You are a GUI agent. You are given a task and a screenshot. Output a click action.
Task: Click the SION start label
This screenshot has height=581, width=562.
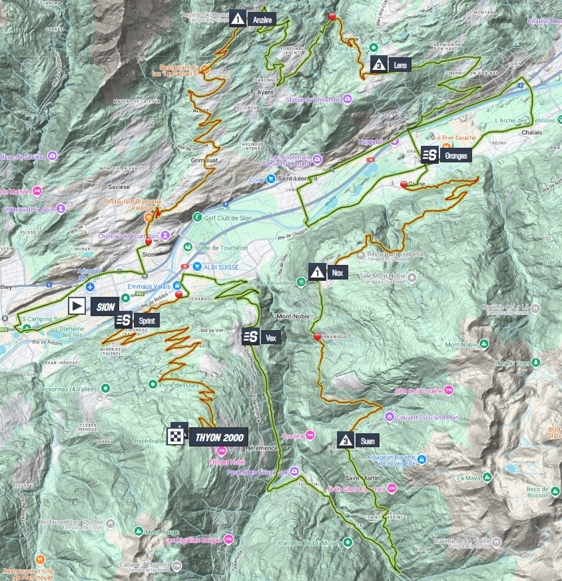(x=105, y=306)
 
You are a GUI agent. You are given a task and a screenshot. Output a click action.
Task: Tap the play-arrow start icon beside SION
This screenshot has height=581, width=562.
(x=78, y=305)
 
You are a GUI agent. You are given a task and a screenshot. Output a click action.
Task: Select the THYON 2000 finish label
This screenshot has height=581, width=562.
(x=219, y=438)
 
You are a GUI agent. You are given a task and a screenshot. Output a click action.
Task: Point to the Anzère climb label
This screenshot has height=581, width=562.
(x=263, y=20)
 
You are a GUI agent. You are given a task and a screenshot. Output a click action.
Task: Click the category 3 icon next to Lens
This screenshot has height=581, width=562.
(x=379, y=65)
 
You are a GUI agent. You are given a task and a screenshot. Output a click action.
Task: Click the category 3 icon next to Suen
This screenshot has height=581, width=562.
(x=346, y=439)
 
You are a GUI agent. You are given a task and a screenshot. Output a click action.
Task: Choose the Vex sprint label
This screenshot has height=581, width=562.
(x=270, y=337)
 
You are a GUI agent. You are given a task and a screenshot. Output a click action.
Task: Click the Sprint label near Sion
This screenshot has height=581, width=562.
(x=148, y=320)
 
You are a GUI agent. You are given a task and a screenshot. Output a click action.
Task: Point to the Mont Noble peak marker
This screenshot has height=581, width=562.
(x=484, y=343)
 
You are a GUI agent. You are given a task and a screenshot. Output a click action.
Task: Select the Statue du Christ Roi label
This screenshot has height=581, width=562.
(x=313, y=100)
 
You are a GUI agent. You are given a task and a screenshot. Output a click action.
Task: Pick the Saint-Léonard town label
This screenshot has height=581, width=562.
(x=297, y=178)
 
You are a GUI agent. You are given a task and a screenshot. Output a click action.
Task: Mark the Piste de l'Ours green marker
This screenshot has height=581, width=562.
(x=152, y=384)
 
